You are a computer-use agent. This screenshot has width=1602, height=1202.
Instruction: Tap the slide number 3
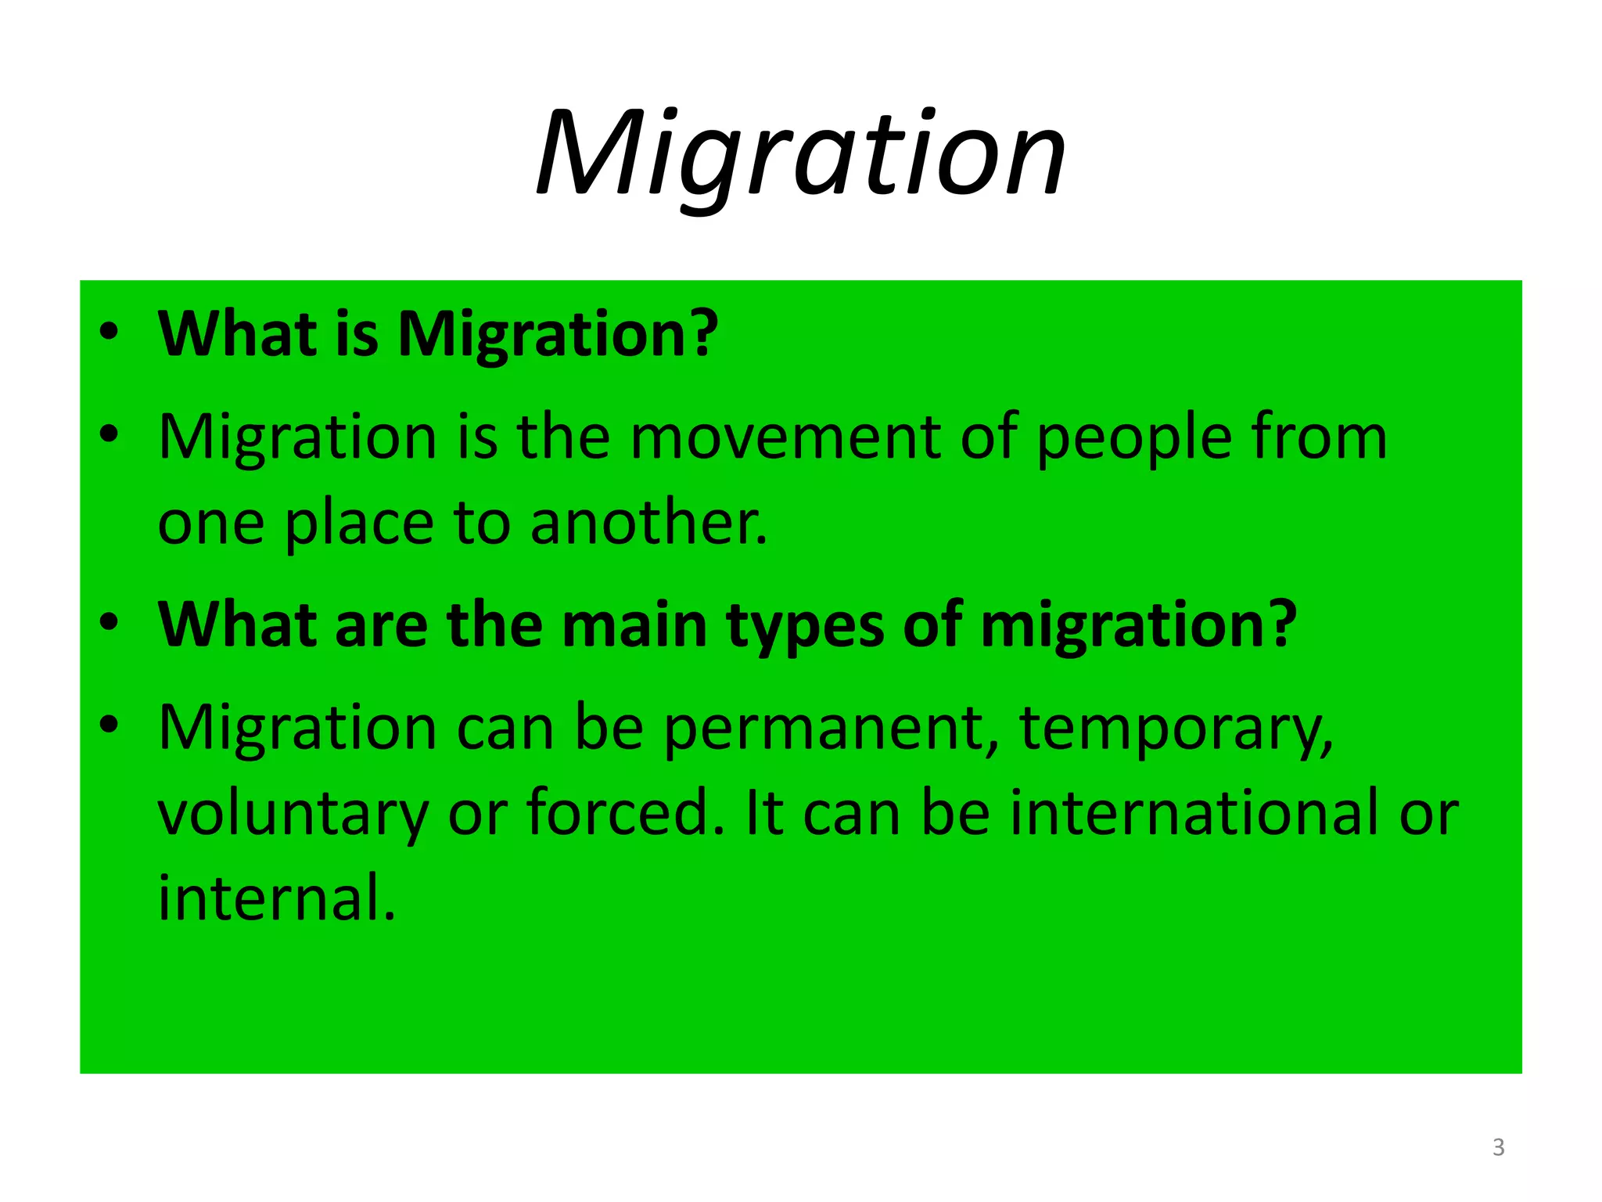(1498, 1147)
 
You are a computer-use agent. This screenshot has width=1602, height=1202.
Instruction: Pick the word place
(358, 525)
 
